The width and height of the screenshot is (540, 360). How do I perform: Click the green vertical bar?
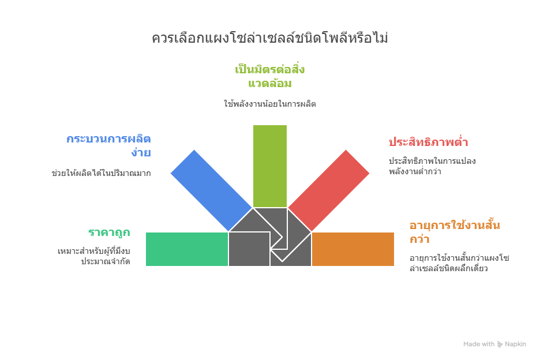click(269, 166)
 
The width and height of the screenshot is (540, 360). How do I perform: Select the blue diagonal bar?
click(211, 190)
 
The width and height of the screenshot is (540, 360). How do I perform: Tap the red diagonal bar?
click(329, 190)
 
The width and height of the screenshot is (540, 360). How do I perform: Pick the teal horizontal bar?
click(187, 249)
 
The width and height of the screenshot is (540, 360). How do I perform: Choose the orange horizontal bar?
click(353, 249)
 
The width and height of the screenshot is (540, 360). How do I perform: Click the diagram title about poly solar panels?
click(270, 37)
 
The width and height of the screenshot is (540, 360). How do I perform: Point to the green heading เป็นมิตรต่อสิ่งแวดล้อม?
click(270, 76)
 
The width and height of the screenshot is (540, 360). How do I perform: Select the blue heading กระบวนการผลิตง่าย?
click(108, 145)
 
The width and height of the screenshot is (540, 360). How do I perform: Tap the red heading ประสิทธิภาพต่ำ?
click(429, 141)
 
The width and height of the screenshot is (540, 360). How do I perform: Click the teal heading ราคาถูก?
click(109, 232)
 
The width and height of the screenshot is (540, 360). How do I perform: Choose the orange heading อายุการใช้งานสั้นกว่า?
click(455, 232)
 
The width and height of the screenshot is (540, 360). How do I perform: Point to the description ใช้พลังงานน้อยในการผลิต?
click(270, 104)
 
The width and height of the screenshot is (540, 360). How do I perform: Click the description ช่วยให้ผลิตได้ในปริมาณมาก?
click(102, 173)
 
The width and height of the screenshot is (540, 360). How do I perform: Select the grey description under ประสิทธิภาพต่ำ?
click(432, 166)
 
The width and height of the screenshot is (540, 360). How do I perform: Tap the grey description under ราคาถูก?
click(93, 256)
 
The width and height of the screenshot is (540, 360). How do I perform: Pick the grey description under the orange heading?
click(459, 263)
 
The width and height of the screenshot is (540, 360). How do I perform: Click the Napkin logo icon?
click(500, 344)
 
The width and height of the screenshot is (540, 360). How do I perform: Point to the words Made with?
click(479, 344)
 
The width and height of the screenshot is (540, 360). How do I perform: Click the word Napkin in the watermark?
click(516, 344)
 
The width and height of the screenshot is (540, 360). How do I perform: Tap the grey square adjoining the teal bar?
click(249, 249)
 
